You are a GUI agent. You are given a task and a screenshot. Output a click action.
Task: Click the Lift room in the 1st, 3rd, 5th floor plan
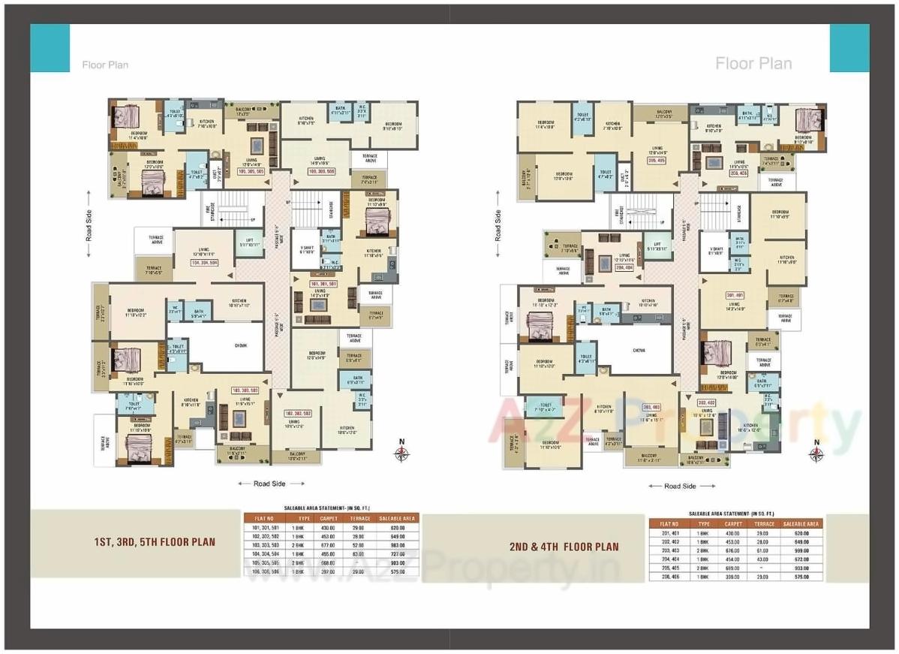pos(249,244)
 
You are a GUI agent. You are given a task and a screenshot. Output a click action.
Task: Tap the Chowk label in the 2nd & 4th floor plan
pos(639,350)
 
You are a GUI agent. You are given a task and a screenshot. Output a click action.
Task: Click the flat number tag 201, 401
pos(735,294)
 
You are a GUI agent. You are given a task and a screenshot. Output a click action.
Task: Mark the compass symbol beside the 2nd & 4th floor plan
pos(816,454)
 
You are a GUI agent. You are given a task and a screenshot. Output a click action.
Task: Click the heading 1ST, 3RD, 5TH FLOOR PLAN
pos(155,541)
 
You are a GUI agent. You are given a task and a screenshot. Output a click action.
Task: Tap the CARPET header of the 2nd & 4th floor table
pos(733,524)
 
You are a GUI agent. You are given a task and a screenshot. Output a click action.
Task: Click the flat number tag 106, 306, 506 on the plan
pos(321,172)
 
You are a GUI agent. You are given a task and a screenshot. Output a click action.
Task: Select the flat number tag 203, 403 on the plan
pos(651,407)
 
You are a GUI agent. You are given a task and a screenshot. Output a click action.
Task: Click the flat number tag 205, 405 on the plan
pos(657,160)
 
